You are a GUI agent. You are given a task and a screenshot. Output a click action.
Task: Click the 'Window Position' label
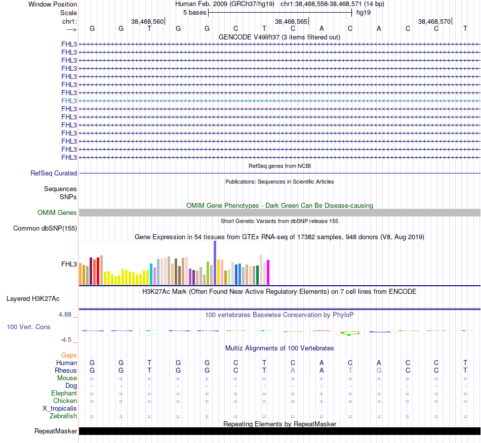click(x=53, y=4)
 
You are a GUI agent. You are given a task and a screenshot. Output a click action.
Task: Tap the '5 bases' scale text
click(x=194, y=12)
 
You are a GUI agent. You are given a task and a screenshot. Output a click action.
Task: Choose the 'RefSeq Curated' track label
click(x=54, y=173)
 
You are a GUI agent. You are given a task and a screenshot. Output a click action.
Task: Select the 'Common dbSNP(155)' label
click(x=45, y=229)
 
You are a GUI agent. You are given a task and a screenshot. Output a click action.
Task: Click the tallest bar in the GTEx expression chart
click(x=215, y=263)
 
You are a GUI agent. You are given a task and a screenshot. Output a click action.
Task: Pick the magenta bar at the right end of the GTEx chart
click(x=268, y=272)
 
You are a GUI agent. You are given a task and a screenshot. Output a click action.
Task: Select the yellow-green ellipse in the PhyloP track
click(x=350, y=333)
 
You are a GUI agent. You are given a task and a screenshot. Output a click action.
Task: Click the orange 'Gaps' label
click(x=69, y=356)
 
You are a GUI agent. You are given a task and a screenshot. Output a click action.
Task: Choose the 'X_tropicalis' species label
click(x=60, y=409)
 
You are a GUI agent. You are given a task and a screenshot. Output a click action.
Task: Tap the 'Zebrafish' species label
click(x=63, y=416)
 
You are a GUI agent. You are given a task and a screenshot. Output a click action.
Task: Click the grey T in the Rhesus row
click(x=350, y=371)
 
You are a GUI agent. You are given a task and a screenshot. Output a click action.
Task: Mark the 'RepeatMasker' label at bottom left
click(x=56, y=431)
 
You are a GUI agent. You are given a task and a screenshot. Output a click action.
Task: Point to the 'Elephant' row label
click(x=64, y=393)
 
